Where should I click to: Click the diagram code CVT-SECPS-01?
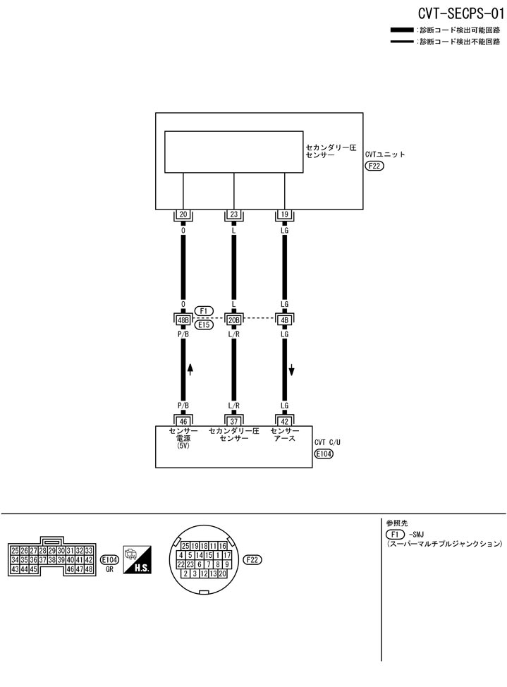[x=460, y=13]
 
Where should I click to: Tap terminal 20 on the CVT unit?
[x=183, y=215]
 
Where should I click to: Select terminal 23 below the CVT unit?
[x=233, y=215]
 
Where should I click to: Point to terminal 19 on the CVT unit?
[x=285, y=215]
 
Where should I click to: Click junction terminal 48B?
[x=183, y=320]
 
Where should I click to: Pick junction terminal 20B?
[x=233, y=320]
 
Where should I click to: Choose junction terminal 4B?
[x=285, y=320]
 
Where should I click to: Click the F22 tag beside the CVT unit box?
[x=375, y=166]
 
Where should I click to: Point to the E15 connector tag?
[x=204, y=325]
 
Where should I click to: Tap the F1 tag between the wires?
[x=204, y=310]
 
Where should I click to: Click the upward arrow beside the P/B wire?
[x=190, y=370]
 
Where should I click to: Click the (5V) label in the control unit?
[x=183, y=446]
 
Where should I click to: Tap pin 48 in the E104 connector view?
[x=89, y=569]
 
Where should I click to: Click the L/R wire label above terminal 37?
[x=233, y=406]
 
